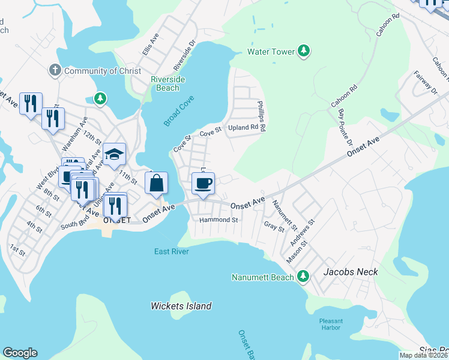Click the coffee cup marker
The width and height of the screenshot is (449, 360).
pyautogui.click(x=203, y=184)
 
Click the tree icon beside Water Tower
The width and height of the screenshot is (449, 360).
pyautogui.click(x=304, y=52)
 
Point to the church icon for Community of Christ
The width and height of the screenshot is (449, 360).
pyautogui.click(x=55, y=71)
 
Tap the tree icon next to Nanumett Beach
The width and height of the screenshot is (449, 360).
pyautogui.click(x=304, y=277)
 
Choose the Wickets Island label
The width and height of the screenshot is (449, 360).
pyautogui.click(x=181, y=306)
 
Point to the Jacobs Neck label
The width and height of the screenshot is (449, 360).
pyautogui.click(x=351, y=272)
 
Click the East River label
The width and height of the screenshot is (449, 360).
pyautogui.click(x=171, y=251)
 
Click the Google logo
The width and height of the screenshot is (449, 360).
pyautogui.click(x=20, y=353)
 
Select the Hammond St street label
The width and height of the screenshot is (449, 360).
pyautogui.click(x=219, y=220)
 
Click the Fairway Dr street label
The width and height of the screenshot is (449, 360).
pyautogui.click(x=426, y=82)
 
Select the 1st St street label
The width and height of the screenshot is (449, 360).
pyautogui.click(x=17, y=250)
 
